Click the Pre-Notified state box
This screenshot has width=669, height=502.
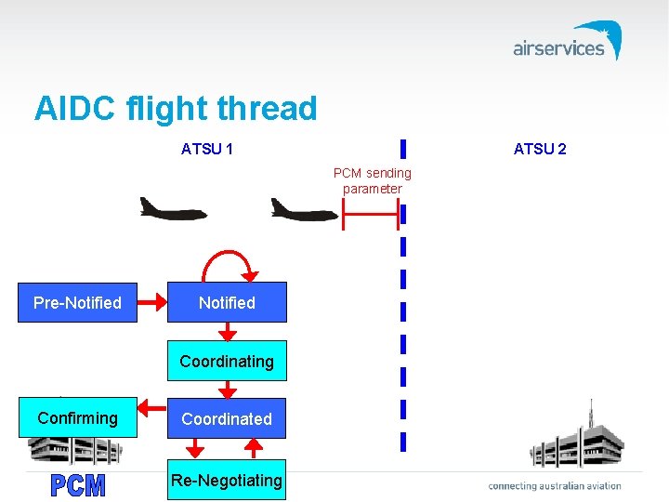[77, 303]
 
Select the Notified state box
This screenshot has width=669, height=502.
[227, 303]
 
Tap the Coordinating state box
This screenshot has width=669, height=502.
[227, 361]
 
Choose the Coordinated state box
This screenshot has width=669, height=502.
[227, 419]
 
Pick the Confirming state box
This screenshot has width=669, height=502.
[77, 418]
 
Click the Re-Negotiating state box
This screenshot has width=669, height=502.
[227, 480]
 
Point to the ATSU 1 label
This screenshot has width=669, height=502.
[207, 149]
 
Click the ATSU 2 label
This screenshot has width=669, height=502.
[540, 149]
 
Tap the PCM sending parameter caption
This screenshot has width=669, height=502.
[373, 181]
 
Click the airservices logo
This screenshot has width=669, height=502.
[567, 42]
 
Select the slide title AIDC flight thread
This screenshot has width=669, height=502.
[176, 109]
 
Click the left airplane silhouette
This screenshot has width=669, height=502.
[173, 208]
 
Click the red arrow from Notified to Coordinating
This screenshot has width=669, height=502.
[227, 332]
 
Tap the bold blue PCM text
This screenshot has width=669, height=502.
[78, 485]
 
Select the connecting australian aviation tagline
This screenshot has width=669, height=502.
[555, 485]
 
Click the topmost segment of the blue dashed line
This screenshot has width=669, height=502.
[403, 149]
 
